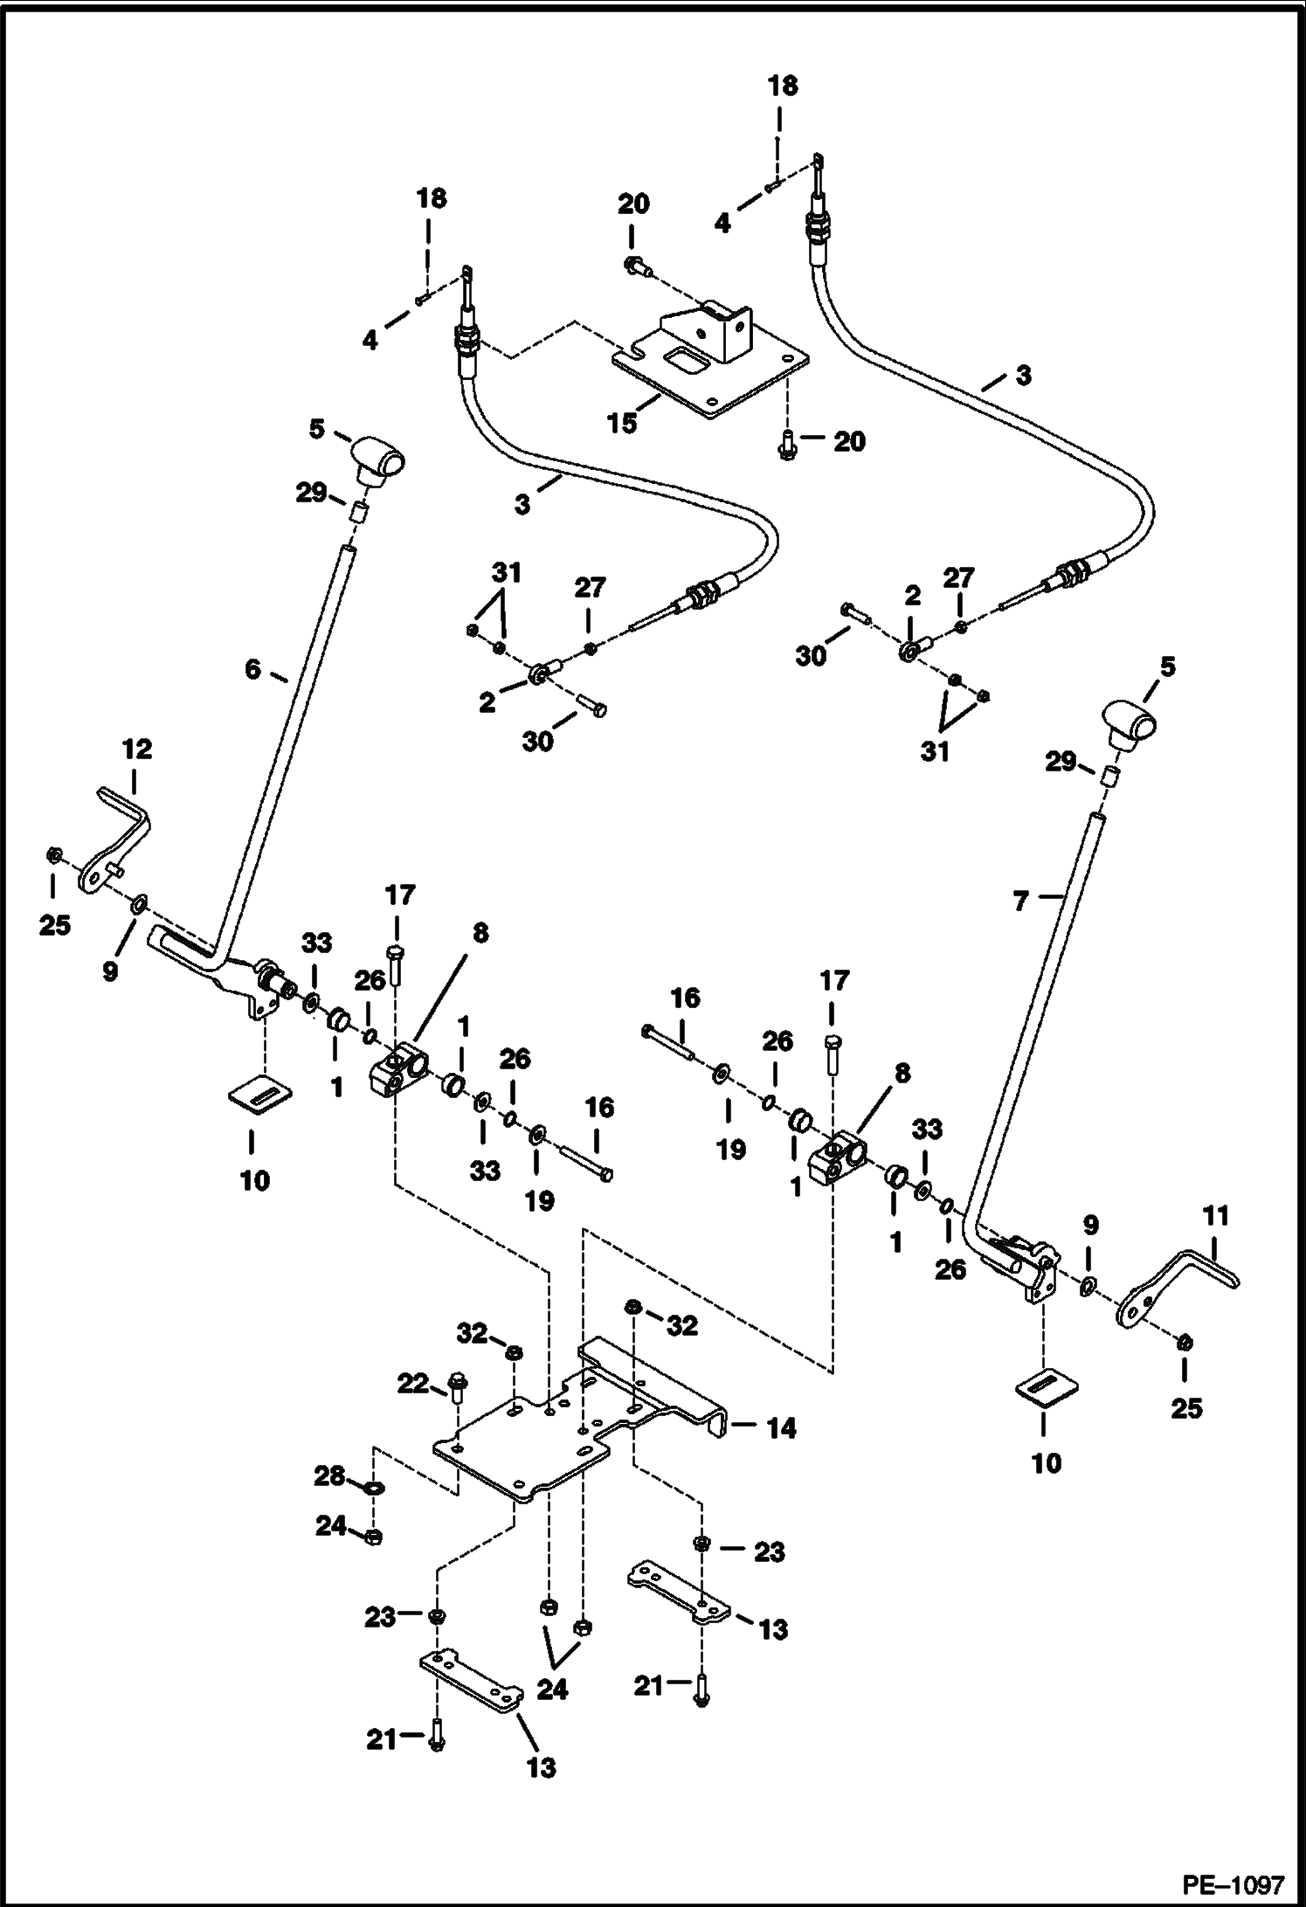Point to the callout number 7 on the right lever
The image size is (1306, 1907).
point(1022,901)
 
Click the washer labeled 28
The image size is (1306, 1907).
point(373,1488)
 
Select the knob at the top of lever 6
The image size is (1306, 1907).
point(380,456)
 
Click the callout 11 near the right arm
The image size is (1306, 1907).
point(1215,1215)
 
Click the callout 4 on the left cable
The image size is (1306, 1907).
point(370,340)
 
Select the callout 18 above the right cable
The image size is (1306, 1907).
point(782,86)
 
